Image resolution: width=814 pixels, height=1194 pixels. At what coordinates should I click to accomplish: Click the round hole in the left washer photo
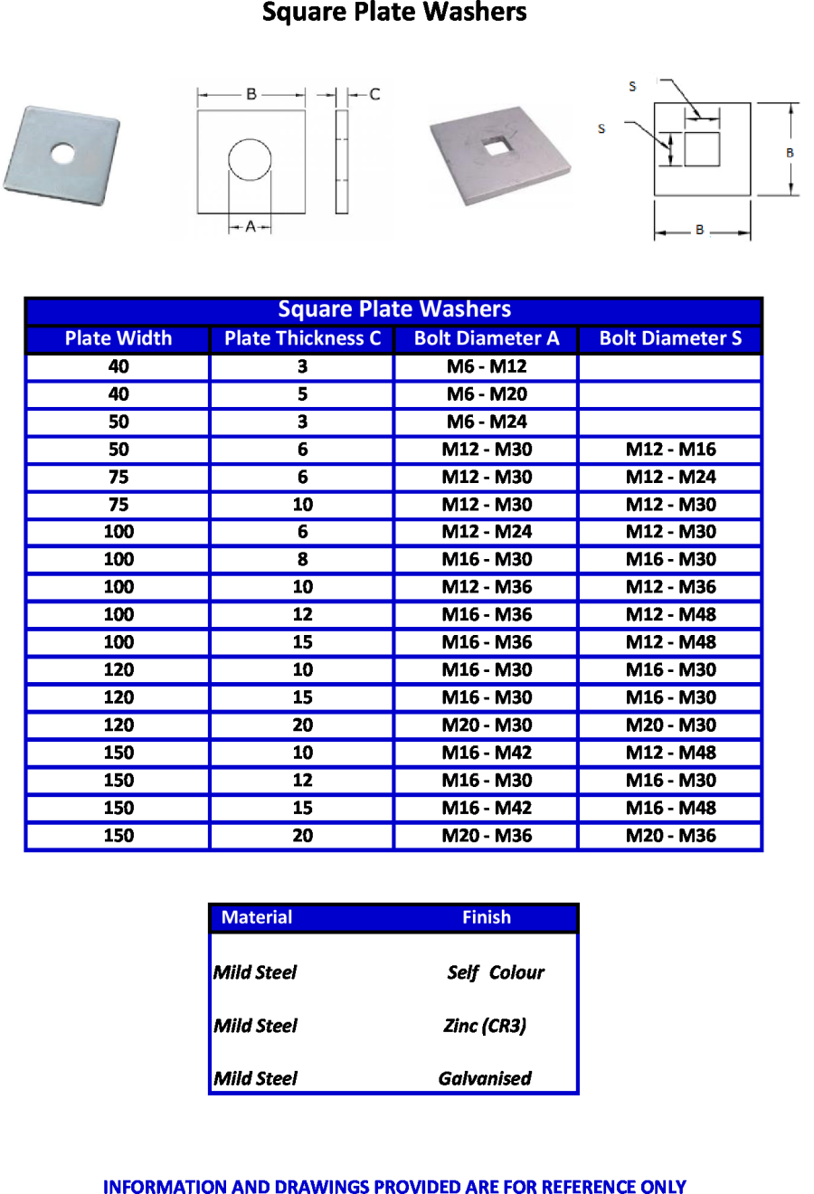[62, 153]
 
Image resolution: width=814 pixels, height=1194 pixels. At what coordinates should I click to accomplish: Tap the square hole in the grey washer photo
[494, 144]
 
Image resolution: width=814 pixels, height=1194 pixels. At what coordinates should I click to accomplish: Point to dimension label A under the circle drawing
[251, 226]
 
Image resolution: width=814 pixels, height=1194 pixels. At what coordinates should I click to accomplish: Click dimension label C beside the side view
[374, 94]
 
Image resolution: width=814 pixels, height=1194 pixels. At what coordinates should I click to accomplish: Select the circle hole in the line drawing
[250, 160]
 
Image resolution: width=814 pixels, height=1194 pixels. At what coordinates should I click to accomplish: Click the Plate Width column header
[118, 338]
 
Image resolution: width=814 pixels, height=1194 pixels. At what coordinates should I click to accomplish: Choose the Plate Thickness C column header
[302, 338]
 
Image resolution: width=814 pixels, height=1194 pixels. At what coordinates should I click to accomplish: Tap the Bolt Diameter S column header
[670, 338]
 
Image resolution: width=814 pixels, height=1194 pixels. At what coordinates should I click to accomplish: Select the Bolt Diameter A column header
[487, 338]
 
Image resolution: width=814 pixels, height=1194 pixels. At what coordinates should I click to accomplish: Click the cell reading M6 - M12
[487, 366]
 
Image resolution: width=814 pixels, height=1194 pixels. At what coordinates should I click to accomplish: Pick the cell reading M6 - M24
[487, 422]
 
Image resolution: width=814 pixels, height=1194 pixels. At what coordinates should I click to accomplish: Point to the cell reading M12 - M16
[670, 450]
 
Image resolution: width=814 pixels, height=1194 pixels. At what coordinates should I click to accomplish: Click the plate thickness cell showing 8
[302, 559]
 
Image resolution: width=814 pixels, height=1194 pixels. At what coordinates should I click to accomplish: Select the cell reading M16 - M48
[670, 808]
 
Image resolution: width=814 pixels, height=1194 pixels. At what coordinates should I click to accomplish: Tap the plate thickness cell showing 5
[302, 394]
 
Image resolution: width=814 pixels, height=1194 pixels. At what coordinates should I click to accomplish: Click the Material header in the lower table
[257, 917]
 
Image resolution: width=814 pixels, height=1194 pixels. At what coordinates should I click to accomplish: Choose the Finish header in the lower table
[487, 917]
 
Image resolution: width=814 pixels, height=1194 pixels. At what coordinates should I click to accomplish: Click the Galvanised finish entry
[485, 1078]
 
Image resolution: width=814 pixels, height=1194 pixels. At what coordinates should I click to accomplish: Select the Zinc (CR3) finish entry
[485, 1026]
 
